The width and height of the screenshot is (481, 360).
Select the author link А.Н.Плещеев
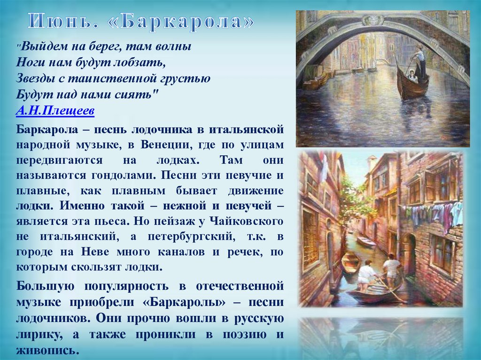[55, 111]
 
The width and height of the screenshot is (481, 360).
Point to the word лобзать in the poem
[143, 61]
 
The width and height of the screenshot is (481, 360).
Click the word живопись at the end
[46, 350]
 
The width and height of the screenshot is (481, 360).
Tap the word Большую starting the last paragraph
[43, 285]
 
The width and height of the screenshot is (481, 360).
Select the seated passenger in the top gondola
[412, 76]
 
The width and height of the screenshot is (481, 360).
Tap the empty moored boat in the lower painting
[350, 262]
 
